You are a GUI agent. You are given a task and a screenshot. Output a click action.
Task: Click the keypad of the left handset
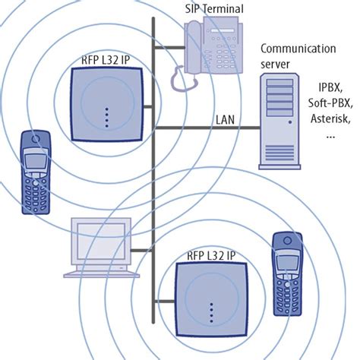coord(38,197)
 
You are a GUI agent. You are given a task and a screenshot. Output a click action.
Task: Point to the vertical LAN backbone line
coord(154,190)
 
